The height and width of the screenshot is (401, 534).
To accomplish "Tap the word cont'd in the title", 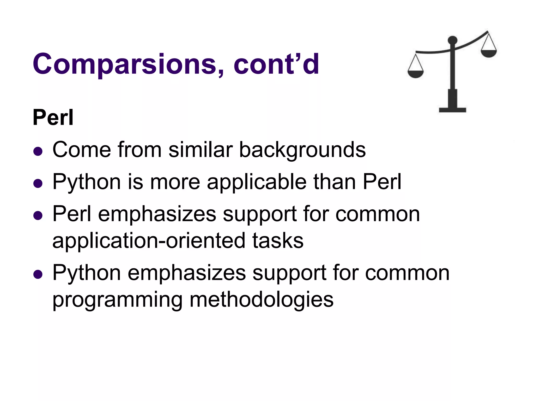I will click(276, 64).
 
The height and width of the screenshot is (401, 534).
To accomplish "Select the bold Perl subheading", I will click(53, 118).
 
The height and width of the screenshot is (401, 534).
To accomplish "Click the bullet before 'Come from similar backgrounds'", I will click(38, 151).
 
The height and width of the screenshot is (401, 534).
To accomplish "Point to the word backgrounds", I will click(302, 150).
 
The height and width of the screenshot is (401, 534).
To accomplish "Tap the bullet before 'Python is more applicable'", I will click(38, 183).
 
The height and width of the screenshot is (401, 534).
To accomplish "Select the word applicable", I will click(257, 182).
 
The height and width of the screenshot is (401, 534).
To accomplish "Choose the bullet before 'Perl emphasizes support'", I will click(38, 216).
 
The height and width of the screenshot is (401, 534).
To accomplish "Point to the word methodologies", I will click(262, 299).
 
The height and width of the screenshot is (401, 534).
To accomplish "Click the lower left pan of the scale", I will click(416, 74).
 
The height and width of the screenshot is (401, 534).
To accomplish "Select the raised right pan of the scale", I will click(489, 54).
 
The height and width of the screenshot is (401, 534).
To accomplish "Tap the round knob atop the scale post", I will click(452, 40).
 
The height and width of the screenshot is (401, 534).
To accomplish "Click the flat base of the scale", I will click(452, 110).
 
